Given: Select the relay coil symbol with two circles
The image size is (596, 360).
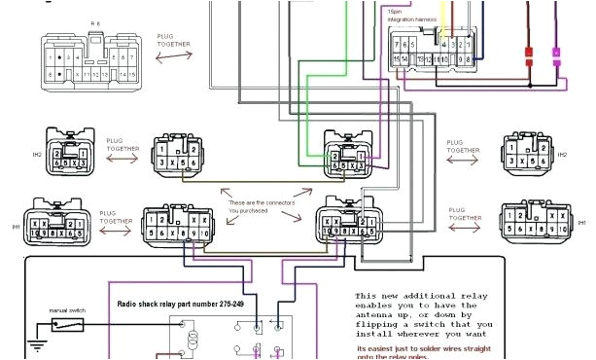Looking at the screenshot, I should tap(193, 339).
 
